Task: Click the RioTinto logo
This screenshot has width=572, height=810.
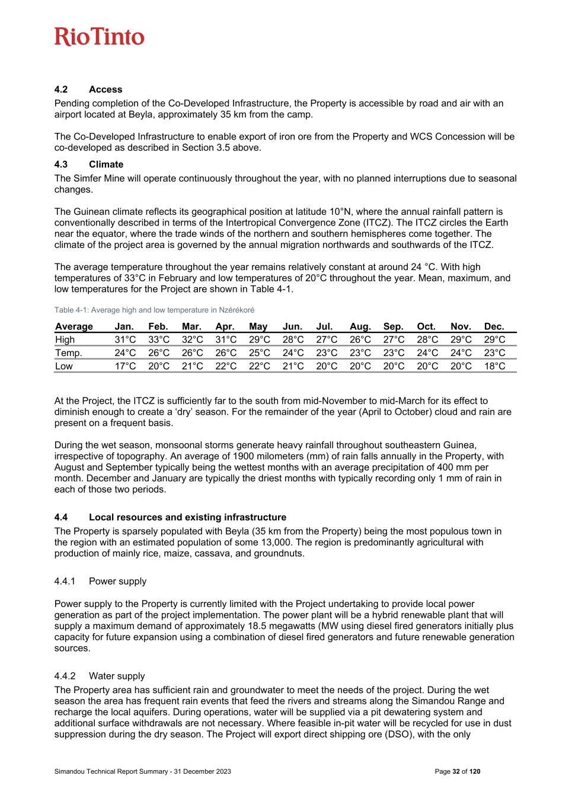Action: [100, 37]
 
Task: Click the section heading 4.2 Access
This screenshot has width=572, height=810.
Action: [88, 90]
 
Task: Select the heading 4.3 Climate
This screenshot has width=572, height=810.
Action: [89, 164]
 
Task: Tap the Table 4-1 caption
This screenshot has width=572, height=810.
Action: [155, 310]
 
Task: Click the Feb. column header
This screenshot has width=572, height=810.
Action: [158, 326]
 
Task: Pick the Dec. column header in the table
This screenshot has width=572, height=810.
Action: [494, 326]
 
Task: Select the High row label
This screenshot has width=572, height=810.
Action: [65, 339]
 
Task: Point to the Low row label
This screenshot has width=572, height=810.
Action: [64, 366]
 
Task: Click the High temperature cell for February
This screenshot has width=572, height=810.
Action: [159, 339]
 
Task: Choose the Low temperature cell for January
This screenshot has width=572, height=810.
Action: [125, 366]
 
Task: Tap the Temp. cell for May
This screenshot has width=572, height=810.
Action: [259, 353]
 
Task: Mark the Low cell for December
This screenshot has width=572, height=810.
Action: [494, 366]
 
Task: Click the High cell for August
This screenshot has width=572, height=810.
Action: [360, 339]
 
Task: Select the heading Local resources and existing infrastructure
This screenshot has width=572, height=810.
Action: [187, 517]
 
